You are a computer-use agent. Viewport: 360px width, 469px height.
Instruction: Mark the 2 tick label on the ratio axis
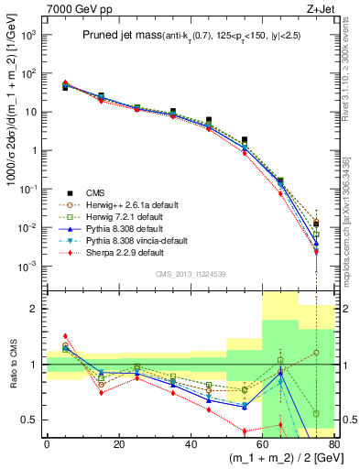click(x=38, y=310)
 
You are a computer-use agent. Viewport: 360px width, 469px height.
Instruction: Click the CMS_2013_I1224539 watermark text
click(x=190, y=274)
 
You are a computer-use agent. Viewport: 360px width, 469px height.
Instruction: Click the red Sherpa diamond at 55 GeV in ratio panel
click(x=245, y=431)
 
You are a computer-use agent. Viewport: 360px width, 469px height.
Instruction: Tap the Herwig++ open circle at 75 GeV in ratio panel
click(x=316, y=352)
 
